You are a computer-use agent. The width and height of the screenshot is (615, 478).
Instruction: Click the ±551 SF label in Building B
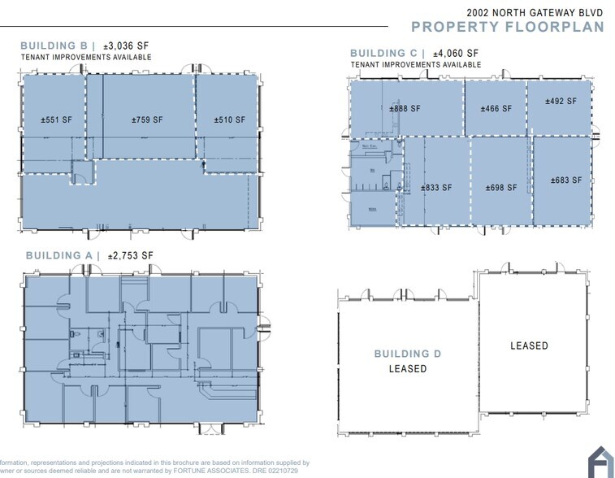(56, 120)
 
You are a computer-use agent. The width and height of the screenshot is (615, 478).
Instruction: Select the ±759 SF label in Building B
(147, 120)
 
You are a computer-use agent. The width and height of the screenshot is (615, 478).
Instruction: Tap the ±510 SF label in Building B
(229, 120)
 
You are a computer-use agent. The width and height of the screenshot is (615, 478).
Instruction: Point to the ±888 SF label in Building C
(405, 109)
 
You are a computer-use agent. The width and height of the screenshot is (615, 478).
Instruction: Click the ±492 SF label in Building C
(561, 102)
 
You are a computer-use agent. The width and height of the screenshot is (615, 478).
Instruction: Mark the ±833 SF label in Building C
(436, 188)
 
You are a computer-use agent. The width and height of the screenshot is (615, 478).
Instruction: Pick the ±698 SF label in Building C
(501, 188)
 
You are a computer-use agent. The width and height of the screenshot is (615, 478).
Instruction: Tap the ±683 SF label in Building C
(565, 180)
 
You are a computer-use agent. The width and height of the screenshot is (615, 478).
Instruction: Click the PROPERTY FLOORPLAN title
(509, 27)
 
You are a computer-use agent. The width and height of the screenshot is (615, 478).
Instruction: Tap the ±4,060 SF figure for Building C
(455, 54)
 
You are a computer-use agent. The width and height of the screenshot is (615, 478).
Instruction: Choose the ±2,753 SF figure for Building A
(128, 255)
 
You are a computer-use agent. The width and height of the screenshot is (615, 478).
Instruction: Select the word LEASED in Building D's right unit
(529, 346)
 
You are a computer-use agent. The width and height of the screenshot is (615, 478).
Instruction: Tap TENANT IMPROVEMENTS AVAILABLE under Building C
(405, 65)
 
